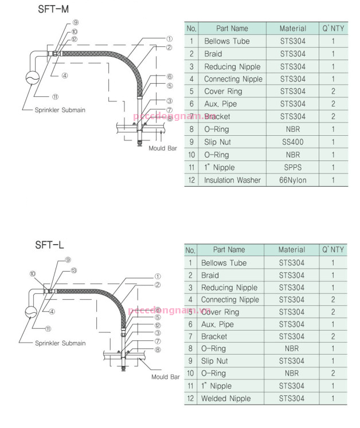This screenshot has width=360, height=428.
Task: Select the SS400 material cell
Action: click(292, 142)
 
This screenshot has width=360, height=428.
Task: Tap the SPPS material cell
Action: click(292, 167)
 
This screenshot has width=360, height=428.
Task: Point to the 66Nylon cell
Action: click(292, 180)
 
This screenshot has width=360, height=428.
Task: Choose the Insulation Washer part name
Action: click(232, 180)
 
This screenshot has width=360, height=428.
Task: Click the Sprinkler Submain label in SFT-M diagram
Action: click(60, 110)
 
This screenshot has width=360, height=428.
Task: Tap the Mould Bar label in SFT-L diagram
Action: click(166, 377)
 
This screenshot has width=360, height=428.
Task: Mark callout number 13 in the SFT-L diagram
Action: click(74, 270)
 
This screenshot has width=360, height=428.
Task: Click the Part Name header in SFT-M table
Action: click(232, 28)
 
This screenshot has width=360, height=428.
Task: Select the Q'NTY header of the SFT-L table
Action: click(333, 250)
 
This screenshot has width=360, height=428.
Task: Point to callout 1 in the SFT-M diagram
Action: click(169, 39)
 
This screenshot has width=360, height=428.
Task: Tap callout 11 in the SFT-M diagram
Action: click(55, 97)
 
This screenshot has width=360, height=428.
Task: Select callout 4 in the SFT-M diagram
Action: click(65, 75)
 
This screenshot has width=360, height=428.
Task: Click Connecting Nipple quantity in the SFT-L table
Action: click(333, 300)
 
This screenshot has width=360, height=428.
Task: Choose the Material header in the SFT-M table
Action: click(292, 28)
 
